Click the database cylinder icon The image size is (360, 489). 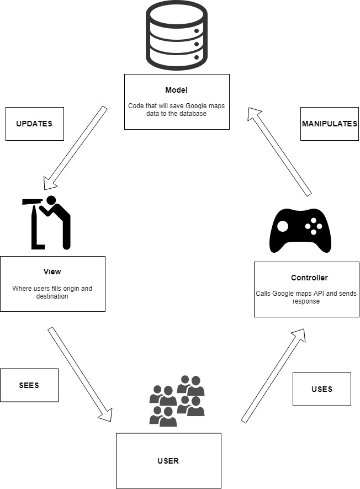176,34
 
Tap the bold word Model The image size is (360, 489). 176,90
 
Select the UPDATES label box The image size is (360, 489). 34,124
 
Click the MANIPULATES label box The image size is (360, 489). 330,124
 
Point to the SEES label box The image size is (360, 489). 29,385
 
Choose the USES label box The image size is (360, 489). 321,389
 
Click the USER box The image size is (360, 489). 168,460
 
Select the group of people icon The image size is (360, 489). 177,401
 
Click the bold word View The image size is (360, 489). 52,272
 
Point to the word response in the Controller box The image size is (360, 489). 306,301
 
